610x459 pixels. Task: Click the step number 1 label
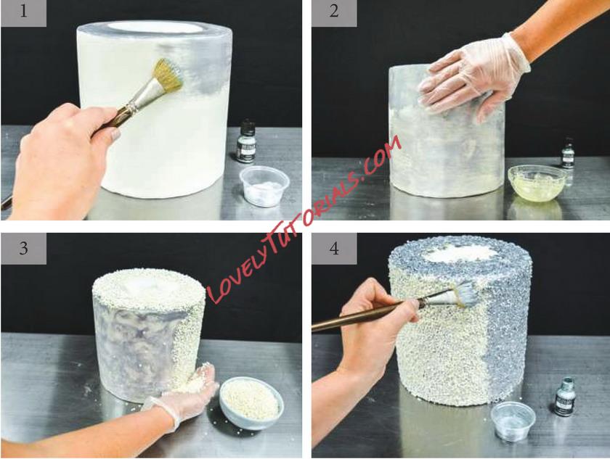[24, 12]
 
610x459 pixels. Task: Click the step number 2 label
[334, 12]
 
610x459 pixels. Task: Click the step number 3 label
[24, 248]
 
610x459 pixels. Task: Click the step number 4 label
[334, 248]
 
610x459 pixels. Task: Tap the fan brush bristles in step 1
[168, 74]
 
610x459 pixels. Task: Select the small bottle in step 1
[246, 141]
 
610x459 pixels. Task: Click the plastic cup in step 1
[264, 186]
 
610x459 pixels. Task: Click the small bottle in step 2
[568, 155]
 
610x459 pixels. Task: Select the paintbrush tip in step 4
[465, 293]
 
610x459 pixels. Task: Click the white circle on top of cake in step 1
[155, 27]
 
